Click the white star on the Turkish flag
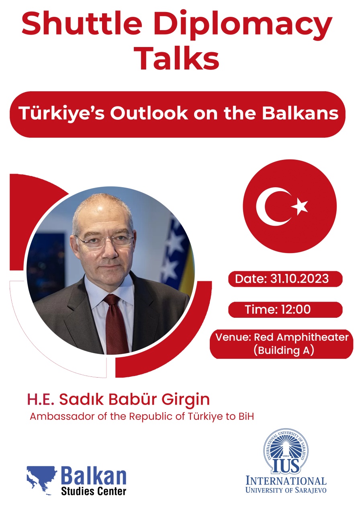point(300,206)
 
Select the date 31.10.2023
point(299,278)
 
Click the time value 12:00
point(296,309)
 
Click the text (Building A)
point(284,350)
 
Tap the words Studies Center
point(94,491)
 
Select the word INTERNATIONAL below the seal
point(286,480)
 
